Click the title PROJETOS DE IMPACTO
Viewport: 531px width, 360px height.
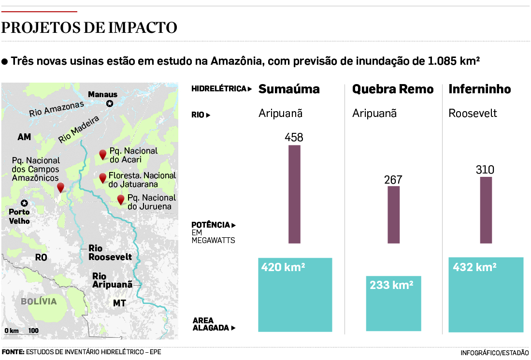[x=89, y=28]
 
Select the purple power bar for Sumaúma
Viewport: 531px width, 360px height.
[x=294, y=194]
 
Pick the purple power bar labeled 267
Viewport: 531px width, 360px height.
[x=394, y=215]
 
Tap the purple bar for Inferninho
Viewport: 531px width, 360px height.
[x=486, y=210]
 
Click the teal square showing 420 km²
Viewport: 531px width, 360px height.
[x=295, y=295]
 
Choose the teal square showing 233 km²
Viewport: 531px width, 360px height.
[x=393, y=303]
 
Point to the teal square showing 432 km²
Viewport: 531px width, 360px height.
[x=486, y=295]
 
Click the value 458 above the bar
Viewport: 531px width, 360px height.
[x=294, y=137]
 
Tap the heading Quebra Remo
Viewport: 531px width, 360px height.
[x=393, y=89]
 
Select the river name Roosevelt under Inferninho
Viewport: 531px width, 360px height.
[x=473, y=114]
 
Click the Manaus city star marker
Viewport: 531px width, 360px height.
[x=110, y=103]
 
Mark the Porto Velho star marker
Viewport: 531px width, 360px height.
[x=24, y=203]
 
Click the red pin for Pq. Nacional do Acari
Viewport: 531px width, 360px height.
[x=102, y=155]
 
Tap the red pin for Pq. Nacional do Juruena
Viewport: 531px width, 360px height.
[x=121, y=199]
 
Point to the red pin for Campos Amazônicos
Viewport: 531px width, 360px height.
[x=60, y=187]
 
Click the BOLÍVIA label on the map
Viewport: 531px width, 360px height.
[x=39, y=302]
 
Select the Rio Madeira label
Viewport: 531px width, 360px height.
[x=79, y=130]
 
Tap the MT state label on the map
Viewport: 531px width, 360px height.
[x=119, y=303]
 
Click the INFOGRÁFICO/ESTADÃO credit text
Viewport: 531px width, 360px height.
[x=494, y=352]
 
